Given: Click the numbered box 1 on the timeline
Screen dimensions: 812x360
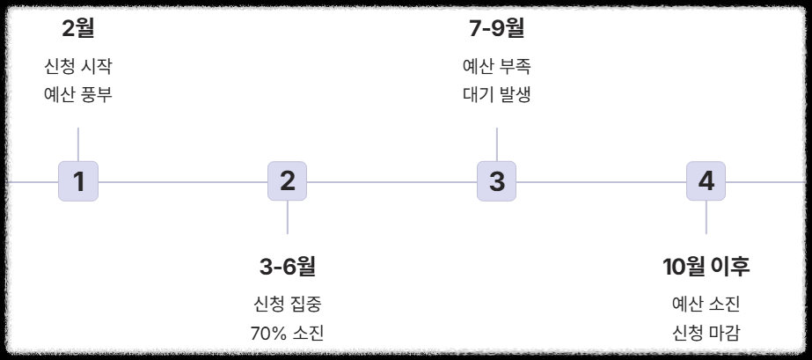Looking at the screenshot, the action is coord(78,182).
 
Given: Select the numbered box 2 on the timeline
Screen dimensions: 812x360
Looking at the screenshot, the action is coord(287,182).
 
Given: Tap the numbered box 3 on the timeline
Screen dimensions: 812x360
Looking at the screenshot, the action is coord(497,182).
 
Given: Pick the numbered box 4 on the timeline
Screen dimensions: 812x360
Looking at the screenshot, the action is coord(706,182).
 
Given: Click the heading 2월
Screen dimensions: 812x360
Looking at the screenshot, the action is coord(78,28).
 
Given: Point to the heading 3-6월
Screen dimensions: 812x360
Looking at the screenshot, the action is coord(287,265).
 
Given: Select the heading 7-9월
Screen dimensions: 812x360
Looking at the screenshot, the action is coord(496,28).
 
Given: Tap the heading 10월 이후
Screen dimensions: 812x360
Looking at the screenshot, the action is coord(706,265).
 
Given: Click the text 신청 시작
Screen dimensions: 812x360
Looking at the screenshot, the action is coord(78,67).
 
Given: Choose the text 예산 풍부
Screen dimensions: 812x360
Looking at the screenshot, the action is coord(78,94).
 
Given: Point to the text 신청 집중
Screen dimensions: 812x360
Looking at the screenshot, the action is coord(287,305).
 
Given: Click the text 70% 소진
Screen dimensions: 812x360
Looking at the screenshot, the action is coord(287,333).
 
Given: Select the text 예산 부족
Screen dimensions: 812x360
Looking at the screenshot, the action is coord(496,67).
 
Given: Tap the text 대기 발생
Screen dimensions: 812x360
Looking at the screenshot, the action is coord(496,94).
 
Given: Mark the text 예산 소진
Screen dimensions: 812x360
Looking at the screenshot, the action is coord(706,305).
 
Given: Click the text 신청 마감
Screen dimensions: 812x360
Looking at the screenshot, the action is coord(706,333).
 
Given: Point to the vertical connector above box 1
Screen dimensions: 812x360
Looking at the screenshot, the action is coord(78,144).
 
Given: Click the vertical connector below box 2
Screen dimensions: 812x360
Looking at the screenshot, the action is coord(287,218).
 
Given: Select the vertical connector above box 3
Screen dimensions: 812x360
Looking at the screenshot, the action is coord(497,144).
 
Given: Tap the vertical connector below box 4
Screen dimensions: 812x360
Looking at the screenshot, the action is coord(706,218).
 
